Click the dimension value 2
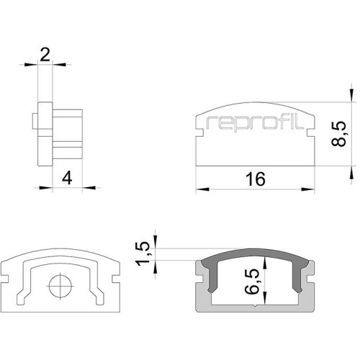tap(45, 55)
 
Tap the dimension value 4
tap(67, 179)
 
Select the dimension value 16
tap(256, 179)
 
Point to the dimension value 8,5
tap(338, 134)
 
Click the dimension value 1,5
tap(143, 254)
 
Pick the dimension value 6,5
tap(252, 282)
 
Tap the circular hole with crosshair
tap(60, 286)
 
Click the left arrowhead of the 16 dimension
tap(202, 189)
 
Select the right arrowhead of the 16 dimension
tap(308, 189)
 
